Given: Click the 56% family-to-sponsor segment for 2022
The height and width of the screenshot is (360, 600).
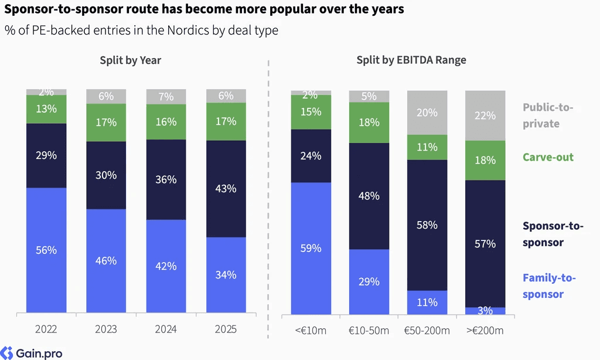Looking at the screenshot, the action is pos(46,250).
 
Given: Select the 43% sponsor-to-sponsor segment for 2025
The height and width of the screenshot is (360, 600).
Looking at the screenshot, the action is pos(226,189).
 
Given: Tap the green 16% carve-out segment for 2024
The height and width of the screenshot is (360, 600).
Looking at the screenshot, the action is pos(166,122).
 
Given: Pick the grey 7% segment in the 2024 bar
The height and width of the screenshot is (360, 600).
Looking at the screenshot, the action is pos(166,97).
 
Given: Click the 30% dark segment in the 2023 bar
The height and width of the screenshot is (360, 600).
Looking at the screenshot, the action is pos(106,175).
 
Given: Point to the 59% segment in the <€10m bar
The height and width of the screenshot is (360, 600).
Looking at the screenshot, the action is pos(311,248).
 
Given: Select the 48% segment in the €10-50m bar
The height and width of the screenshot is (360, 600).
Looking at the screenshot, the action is pos(369,196).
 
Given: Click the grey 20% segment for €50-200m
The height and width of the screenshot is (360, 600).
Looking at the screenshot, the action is pos(427,113).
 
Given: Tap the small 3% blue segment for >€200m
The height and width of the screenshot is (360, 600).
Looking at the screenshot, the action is pos(485,311).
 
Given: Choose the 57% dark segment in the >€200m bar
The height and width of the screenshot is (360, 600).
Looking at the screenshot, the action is pos(485,243).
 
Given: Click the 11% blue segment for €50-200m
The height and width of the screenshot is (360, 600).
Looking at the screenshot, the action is pos(427,303).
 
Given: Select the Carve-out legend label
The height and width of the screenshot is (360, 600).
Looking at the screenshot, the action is pos(548,157).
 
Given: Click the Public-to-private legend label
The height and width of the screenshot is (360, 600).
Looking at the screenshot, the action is pos(548,116).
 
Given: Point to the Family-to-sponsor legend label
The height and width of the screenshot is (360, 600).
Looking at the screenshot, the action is pos(549,286).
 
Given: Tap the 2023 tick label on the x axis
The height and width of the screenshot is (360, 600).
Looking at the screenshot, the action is pos(106,329).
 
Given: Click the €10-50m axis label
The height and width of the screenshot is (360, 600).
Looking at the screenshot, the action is pos(369,331).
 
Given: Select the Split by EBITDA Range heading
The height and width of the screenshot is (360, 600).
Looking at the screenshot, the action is pos(411,60).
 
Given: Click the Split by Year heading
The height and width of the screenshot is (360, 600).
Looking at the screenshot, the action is pos(131,60).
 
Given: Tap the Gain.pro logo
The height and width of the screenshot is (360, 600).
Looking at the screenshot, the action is pos(32,353).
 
